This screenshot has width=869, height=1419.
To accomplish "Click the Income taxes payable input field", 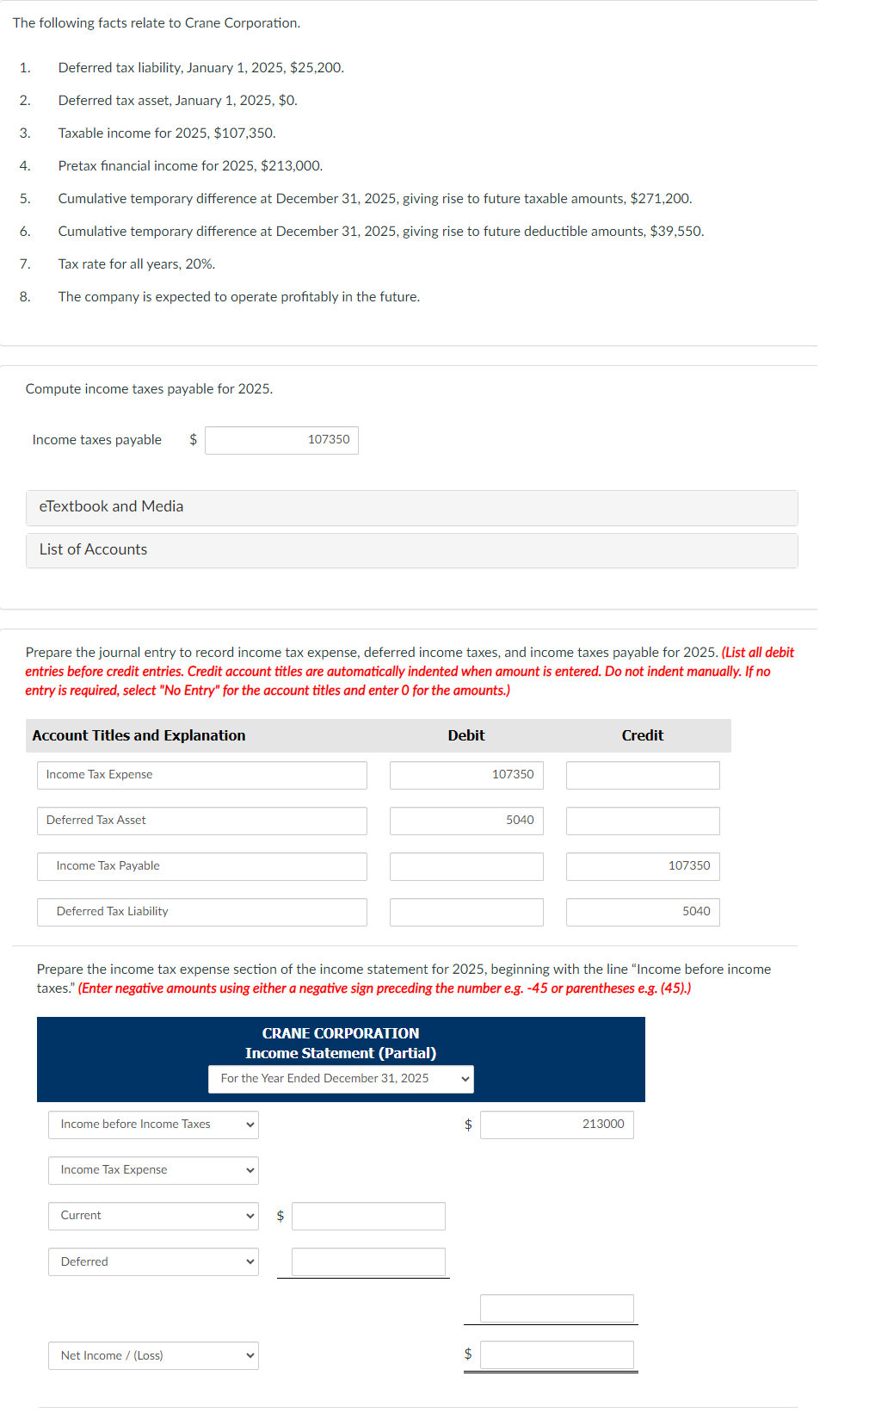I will (281, 440).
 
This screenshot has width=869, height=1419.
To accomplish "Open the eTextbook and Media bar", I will (411, 507).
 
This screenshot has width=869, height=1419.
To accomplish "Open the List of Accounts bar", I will (411, 550).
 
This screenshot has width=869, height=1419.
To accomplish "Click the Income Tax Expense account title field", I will (201, 775).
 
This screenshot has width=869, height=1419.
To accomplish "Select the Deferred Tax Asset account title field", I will (201, 821).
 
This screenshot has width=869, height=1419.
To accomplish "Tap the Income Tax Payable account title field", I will (201, 866).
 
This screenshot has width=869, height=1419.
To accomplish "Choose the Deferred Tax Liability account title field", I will (201, 912).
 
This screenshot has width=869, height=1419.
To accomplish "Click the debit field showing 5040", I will (466, 821).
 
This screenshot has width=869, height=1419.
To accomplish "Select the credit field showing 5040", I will (643, 912).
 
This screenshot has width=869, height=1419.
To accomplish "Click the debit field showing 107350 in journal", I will (466, 775).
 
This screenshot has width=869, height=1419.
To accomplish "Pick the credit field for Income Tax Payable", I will (643, 866).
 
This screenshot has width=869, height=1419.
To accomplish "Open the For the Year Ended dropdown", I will (341, 1079).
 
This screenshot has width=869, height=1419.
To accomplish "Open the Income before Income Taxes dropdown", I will (153, 1125).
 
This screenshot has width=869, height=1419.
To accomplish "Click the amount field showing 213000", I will (557, 1125).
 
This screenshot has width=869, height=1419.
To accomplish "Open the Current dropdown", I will (153, 1216).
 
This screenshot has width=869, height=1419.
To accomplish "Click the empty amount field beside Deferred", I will (368, 1261).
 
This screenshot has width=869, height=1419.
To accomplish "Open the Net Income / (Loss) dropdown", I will (153, 1356).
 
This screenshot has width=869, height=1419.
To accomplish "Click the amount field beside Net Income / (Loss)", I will (557, 1355).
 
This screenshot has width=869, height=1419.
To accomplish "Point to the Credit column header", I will (643, 735).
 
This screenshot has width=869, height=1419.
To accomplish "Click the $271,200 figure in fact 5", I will (660, 199).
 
